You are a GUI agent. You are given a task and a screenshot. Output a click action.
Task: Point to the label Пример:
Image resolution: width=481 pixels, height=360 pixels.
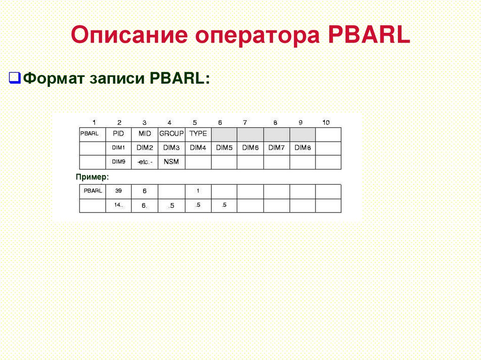tap(93, 177)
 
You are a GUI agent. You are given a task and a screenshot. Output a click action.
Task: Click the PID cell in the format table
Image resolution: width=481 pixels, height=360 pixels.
tap(118, 134)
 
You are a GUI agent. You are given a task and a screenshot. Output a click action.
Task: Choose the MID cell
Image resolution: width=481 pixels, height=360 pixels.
tap(145, 134)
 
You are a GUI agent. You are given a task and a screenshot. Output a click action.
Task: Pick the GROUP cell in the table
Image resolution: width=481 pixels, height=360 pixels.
tap(171, 134)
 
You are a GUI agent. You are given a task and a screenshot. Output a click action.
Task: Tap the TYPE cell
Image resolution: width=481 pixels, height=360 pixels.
tap(198, 134)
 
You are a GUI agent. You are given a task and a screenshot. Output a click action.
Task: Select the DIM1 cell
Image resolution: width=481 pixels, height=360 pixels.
tap(118, 147)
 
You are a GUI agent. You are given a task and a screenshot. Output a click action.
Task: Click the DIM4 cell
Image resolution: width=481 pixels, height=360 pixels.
tap(198, 147)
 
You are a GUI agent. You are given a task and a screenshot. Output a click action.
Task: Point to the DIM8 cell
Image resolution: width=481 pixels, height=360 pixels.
tap(303, 147)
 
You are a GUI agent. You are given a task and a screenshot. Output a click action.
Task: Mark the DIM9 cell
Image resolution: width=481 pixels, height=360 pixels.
tap(118, 161)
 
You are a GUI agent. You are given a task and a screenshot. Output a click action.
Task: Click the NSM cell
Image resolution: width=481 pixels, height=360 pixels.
tap(171, 161)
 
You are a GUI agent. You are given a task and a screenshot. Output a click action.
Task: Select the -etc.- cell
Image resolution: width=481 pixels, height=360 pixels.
tap(145, 161)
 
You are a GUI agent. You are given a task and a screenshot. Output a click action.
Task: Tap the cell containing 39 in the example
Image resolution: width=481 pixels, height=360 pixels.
tap(118, 191)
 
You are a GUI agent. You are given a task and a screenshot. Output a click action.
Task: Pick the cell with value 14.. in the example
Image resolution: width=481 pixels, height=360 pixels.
tap(118, 205)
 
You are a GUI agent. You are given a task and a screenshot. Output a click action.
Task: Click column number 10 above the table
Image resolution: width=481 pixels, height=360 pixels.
tap(326, 123)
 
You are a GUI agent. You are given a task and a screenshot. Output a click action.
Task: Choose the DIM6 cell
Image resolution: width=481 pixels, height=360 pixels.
tap(250, 147)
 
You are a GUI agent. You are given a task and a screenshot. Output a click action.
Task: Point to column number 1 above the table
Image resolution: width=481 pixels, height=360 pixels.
tap(94, 123)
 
